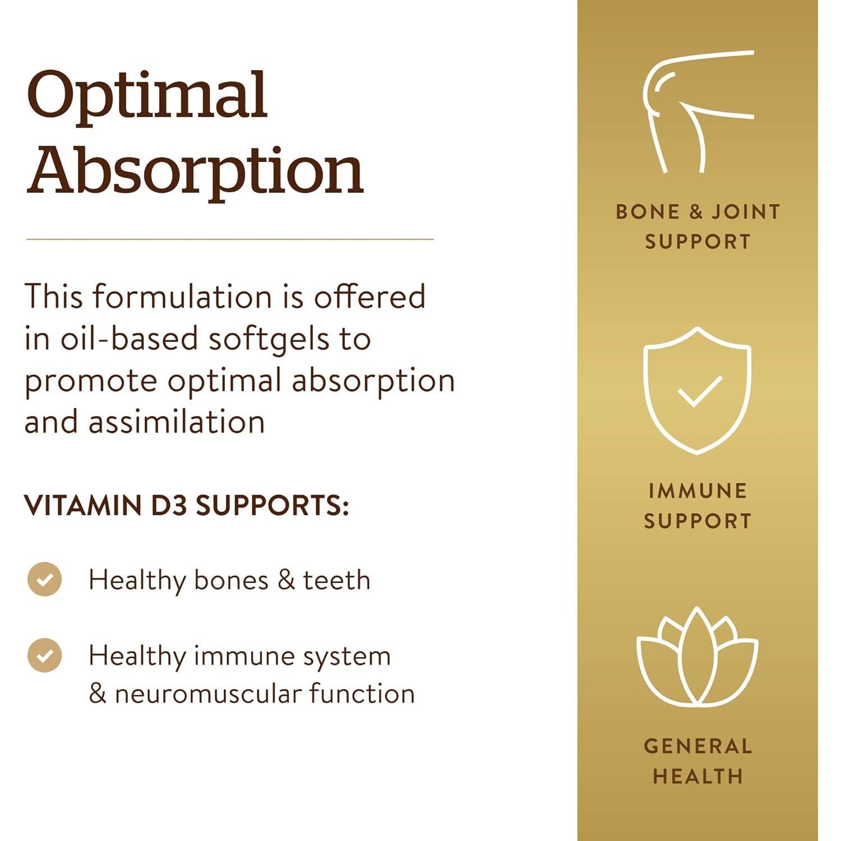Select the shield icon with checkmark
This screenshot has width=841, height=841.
697,390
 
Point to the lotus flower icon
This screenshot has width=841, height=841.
697,657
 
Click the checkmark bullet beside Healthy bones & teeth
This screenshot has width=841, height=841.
45,579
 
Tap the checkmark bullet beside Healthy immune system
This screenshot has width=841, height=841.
45,655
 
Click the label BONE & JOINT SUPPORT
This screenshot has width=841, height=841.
697,227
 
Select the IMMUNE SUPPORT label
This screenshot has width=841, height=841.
697,506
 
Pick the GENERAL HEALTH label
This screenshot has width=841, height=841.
697,761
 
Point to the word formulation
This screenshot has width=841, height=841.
182,297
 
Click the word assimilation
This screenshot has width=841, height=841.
177,422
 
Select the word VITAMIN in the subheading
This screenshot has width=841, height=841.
82,506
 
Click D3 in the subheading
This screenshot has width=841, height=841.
169,506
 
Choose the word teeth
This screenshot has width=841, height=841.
336,580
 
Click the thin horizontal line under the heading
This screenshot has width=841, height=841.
230,239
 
